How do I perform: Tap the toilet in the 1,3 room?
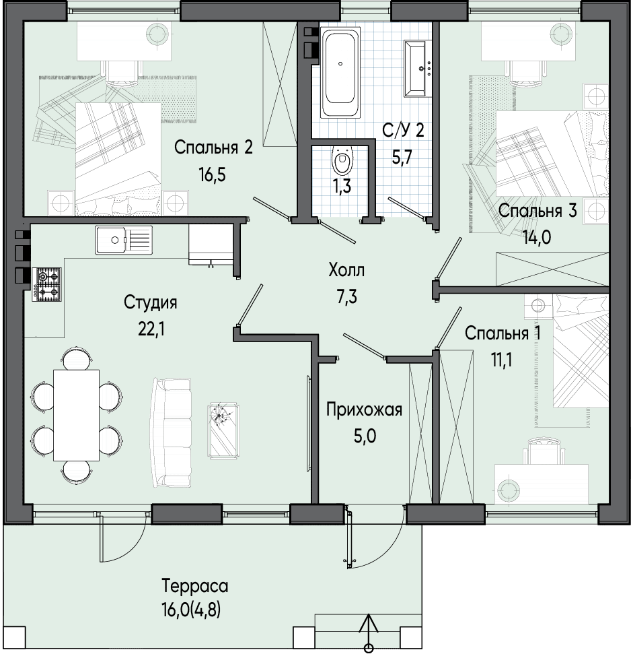coord(342,160)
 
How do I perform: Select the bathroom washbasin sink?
coord(418,69)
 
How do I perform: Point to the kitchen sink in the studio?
coord(124,240)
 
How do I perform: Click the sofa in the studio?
coord(172,432)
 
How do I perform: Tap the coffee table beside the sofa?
coord(224,431)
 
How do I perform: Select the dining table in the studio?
coord(76,415)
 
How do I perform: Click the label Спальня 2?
coord(213,148)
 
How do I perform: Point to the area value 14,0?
coord(537,238)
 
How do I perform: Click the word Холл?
coord(346,270)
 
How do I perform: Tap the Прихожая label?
coord(364,410)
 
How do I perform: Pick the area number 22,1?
coord(151,330)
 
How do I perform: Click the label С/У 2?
coord(403,131)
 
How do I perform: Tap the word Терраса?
coord(195,587)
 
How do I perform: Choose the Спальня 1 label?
coord(503,333)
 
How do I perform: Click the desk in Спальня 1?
coord(542,484)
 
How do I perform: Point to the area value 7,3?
coord(346,298)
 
